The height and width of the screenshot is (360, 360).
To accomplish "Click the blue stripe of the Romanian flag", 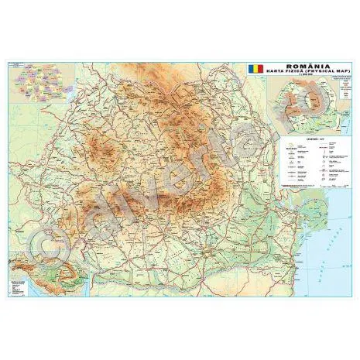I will point(249,68).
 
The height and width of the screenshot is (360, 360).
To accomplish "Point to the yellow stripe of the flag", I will point(255,68).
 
